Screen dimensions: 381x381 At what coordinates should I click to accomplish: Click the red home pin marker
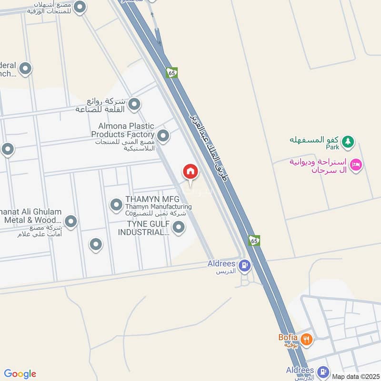pyautogui.click(x=190, y=171)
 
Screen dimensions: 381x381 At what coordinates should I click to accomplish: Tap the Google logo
pyautogui.click(x=20, y=374)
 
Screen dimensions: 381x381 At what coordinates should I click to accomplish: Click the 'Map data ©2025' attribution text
pyautogui.click(x=356, y=376)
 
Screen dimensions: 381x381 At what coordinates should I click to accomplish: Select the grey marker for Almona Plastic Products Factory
pyautogui.click(x=163, y=136)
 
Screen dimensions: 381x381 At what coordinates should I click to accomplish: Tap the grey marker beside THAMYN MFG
pyautogui.click(x=116, y=205)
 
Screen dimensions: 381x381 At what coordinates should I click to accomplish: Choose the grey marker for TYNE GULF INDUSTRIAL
pyautogui.click(x=178, y=228)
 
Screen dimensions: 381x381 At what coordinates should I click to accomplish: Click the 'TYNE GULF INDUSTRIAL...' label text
pyautogui.click(x=144, y=228)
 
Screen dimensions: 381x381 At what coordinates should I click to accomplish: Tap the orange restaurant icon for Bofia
pyautogui.click(x=307, y=340)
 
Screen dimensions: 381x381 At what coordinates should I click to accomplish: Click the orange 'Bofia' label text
pyautogui.click(x=288, y=338)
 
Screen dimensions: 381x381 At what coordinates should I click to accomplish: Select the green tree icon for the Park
pyautogui.click(x=349, y=141)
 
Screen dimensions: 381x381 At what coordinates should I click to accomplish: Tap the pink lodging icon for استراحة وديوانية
pyautogui.click(x=356, y=165)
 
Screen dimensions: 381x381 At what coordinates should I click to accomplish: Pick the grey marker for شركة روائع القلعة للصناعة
pyautogui.click(x=135, y=103)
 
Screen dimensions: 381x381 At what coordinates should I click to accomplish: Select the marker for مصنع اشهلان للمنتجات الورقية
pyautogui.click(x=80, y=7)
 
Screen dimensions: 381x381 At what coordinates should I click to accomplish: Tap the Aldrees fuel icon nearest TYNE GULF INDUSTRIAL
pyautogui.click(x=244, y=265)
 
